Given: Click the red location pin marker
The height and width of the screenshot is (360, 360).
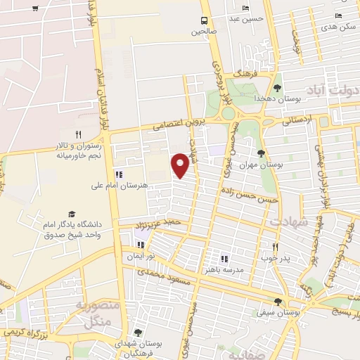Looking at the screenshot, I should coord(181,164).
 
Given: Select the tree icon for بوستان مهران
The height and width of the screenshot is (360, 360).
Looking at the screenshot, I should coord(262,153).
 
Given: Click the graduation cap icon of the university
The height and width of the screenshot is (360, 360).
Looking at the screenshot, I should coord(71,214).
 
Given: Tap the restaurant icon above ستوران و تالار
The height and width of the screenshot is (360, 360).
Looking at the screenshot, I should coord(79,134).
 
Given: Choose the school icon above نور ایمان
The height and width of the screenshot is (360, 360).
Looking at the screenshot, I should coord(140,245).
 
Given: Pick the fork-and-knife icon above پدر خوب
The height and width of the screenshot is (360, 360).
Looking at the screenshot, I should coord(275,247).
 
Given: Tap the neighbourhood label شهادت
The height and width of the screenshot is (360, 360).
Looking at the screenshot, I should coord(289,221).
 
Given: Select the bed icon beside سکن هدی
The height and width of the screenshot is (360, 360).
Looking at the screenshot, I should coord(338,15).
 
